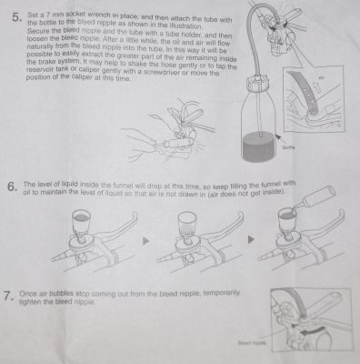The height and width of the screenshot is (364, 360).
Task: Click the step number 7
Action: (x=9, y=297)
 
